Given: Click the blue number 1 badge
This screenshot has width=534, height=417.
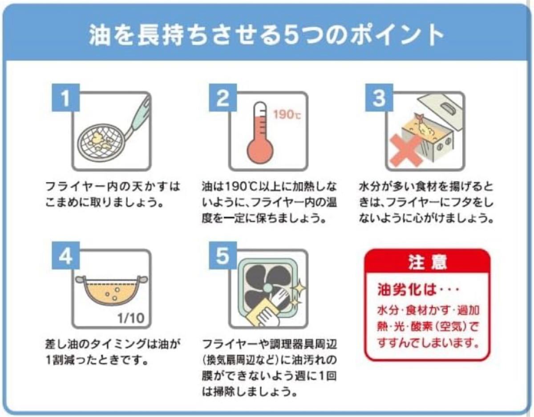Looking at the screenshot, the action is click(65, 98).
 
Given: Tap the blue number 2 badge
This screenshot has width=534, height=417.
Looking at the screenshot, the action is click(223, 98).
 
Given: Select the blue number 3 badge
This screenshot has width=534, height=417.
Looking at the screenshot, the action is click(379, 98).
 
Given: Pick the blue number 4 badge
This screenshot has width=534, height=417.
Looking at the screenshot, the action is click(65, 256).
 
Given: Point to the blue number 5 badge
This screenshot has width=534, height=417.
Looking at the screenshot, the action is click(223, 256).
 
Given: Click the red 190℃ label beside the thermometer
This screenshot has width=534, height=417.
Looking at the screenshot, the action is click(287, 115).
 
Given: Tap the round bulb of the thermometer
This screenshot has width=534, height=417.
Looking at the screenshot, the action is click(260, 151).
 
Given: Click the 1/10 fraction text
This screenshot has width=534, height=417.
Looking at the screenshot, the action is click(131, 318).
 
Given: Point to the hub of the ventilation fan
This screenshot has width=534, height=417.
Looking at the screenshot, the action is click(268, 288).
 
